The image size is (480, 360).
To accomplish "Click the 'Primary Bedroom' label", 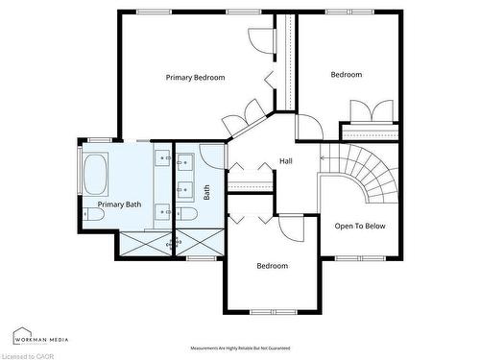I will click(x=195, y=77).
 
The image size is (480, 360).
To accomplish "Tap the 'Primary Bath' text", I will click(x=120, y=204).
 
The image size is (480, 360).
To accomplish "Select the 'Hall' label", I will click(x=286, y=161).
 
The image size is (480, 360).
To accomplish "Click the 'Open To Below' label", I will click(x=360, y=227).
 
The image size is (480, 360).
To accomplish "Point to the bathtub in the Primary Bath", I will click(x=96, y=175).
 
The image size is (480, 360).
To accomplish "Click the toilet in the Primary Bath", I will click(x=93, y=216).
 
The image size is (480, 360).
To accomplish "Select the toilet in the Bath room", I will click(x=188, y=214).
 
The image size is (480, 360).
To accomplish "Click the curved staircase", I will click(x=370, y=173).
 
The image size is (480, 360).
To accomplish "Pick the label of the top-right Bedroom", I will click(x=347, y=75).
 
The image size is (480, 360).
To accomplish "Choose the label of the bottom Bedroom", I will click(x=272, y=266).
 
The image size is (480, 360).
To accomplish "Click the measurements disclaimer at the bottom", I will click(x=240, y=348).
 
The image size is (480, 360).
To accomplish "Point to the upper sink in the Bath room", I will click(x=186, y=160).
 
